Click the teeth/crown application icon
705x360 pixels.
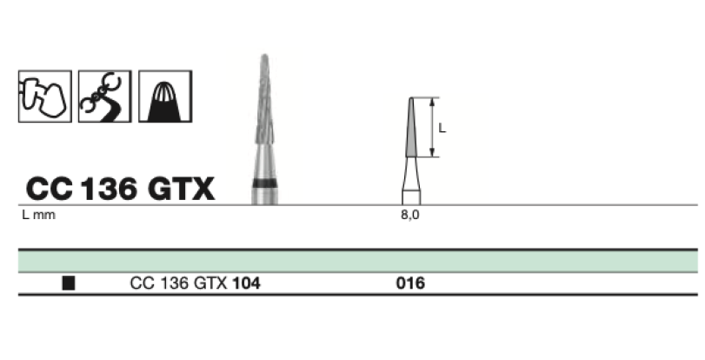pyautogui.click(x=45, y=96)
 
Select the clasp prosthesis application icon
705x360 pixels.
pyautogui.click(x=105, y=96)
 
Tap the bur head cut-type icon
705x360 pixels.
pyautogui.click(x=165, y=96)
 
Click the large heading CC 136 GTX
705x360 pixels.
pyautogui.click(x=120, y=189)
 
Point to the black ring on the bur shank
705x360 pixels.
pyautogui.click(x=264, y=183)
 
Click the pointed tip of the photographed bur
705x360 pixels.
pyautogui.click(x=264, y=56)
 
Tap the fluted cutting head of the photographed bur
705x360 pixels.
pyautogui.click(x=264, y=99)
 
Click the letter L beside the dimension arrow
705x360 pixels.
pyautogui.click(x=442, y=128)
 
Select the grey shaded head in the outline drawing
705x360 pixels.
pyautogui.click(x=411, y=127)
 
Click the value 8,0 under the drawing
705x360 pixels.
pyautogui.click(x=410, y=215)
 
